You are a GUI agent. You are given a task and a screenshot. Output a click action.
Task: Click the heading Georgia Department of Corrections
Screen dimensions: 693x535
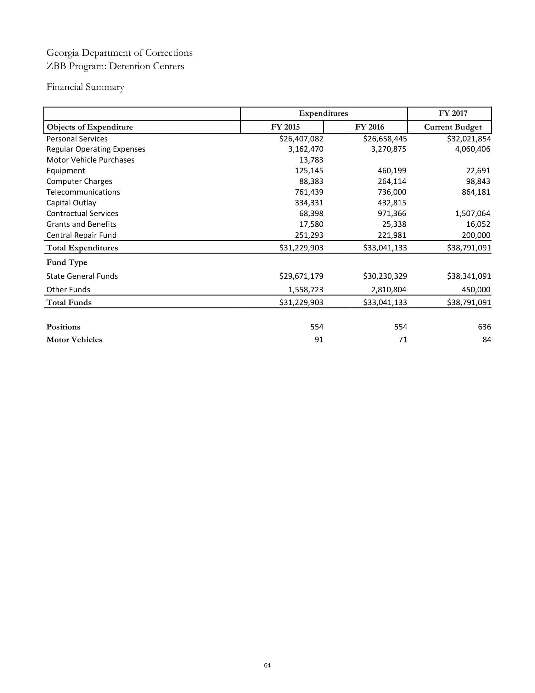[x=119, y=53]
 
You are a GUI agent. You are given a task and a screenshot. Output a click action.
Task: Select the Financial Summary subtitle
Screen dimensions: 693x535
[x=85, y=87]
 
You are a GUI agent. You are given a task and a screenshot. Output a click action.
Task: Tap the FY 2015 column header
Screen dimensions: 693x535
[x=285, y=127]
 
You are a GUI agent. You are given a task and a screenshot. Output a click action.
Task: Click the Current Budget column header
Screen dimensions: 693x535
[x=452, y=127]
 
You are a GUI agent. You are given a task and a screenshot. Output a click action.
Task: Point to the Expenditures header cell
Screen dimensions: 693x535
[x=323, y=113]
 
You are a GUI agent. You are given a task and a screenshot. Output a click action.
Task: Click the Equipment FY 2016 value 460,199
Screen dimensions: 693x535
[x=392, y=171]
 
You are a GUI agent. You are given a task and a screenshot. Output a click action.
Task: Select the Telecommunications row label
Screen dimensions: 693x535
[x=83, y=192]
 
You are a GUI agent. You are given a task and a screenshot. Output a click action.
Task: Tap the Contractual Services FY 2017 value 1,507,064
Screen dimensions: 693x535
[x=472, y=214]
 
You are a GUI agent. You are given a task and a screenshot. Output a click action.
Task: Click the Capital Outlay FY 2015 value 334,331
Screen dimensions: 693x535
[x=309, y=203]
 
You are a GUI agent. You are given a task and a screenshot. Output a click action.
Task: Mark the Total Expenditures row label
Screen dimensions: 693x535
[x=82, y=248]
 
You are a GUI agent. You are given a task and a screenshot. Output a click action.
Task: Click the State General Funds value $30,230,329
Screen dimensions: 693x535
[x=385, y=276]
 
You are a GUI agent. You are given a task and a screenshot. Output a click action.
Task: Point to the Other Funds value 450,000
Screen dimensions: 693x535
[x=476, y=290]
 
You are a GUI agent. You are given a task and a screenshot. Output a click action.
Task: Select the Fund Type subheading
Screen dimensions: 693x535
[x=66, y=262]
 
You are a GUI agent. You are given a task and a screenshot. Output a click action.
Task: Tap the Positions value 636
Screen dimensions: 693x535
[x=484, y=327]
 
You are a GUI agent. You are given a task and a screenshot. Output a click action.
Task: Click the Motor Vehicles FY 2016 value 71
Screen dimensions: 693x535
[x=403, y=340]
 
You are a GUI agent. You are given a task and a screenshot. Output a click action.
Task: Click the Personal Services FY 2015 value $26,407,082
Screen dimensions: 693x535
[x=301, y=139]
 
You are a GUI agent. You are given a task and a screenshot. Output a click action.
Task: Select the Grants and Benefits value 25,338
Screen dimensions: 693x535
[x=394, y=224]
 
